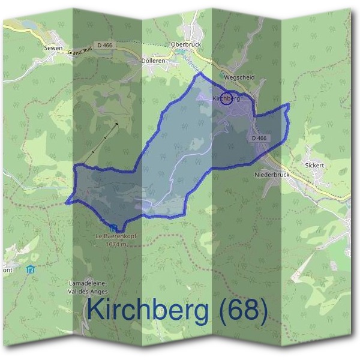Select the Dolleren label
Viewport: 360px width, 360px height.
click(152, 61)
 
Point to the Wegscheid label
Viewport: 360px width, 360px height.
click(239, 77)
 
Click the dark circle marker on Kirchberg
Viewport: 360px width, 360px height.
click(226, 99)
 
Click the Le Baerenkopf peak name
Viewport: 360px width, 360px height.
click(116, 236)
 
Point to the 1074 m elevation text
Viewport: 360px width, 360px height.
click(116, 244)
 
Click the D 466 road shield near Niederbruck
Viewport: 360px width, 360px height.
click(259, 138)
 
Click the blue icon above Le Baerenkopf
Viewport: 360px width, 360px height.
click(113, 227)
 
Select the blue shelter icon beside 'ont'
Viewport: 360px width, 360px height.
click(31, 270)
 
